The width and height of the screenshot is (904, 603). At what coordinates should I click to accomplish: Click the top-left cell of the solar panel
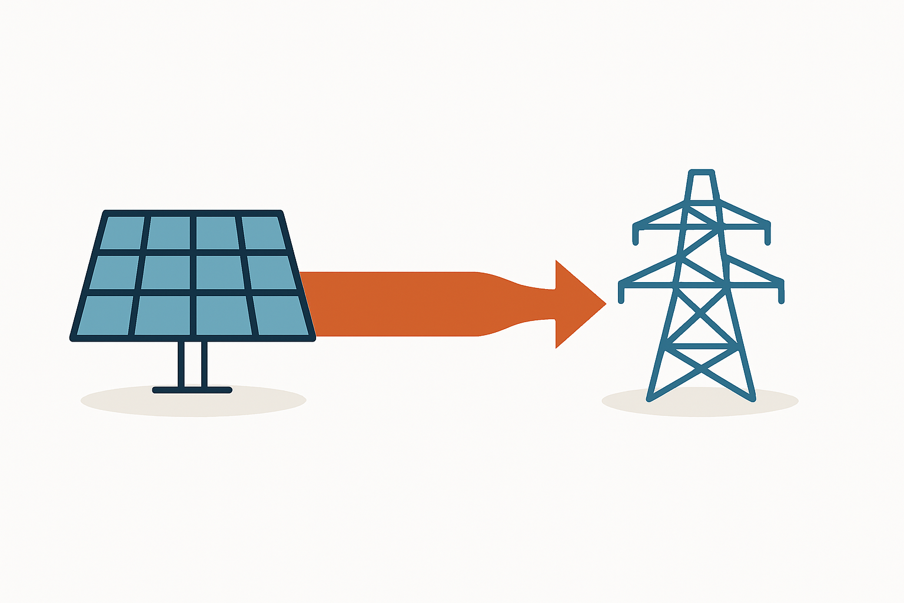point(122,233)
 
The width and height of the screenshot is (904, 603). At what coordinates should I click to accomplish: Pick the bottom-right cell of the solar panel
point(280,315)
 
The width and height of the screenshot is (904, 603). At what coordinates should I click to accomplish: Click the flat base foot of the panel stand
point(192,390)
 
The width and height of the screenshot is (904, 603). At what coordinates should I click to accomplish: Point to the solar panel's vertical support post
point(192,364)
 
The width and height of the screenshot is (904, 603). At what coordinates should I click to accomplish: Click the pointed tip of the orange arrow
point(604,304)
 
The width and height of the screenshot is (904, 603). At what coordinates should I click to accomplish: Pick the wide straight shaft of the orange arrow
point(388,304)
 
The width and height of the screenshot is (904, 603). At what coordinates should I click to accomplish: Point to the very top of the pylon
point(701,173)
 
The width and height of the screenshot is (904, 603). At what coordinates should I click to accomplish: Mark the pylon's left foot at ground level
point(650,399)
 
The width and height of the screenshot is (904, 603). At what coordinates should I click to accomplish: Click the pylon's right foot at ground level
point(752,399)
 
